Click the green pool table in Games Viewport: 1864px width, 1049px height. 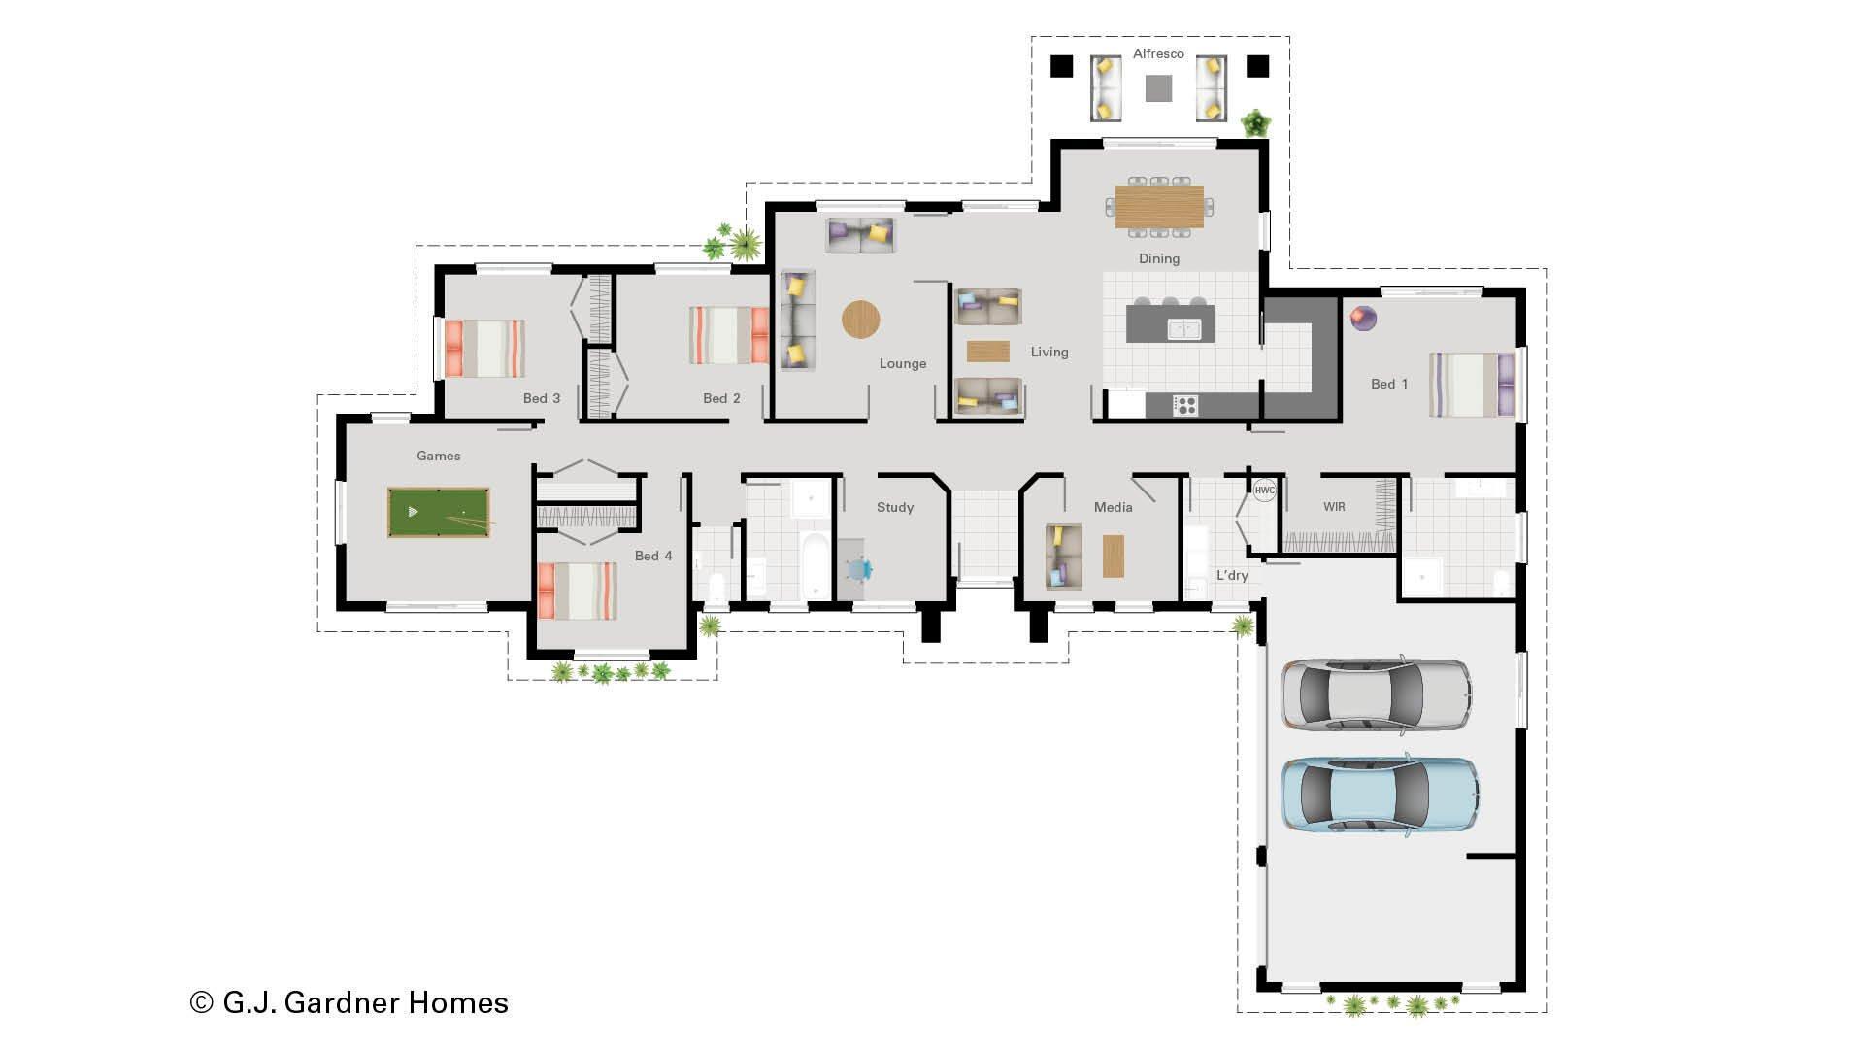tap(438, 512)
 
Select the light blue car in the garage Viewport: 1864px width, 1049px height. tap(1379, 795)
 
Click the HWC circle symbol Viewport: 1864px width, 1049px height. tap(1264, 491)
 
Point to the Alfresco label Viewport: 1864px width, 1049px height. tap(1158, 54)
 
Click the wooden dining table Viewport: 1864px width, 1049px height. tap(1159, 206)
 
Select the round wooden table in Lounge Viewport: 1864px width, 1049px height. tap(860, 320)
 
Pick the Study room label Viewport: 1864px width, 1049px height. tap(894, 507)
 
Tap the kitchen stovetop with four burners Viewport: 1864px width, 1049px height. tap(1185, 405)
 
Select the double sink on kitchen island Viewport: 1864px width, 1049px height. tap(1184, 329)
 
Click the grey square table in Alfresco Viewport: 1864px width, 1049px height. tap(1158, 89)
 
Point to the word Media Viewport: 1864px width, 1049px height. tap(1113, 507)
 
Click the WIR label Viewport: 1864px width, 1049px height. tap(1334, 507)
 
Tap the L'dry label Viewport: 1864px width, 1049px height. tap(1232, 575)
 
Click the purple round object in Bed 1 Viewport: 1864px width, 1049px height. tap(1363, 318)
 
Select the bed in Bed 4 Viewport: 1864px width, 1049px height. tap(577, 591)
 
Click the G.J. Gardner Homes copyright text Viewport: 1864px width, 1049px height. tap(349, 1002)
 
